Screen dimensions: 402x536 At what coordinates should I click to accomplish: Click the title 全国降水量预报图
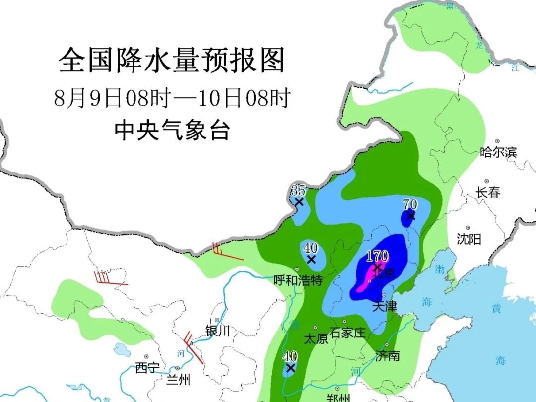click(x=172, y=62)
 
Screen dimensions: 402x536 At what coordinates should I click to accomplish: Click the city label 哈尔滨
click(x=498, y=152)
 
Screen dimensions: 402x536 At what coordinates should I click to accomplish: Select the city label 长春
click(x=488, y=192)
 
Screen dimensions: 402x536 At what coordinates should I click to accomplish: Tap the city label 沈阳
click(x=469, y=239)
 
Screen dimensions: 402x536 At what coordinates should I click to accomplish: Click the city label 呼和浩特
click(x=298, y=280)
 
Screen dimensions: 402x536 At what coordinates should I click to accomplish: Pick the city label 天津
click(x=385, y=306)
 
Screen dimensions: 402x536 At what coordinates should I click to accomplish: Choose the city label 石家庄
click(x=347, y=332)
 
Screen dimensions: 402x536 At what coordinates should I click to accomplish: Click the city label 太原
click(x=316, y=339)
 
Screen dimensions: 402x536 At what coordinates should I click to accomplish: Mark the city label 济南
click(x=388, y=355)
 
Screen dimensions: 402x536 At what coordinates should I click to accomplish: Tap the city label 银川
click(x=218, y=331)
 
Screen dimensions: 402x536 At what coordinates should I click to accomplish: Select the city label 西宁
click(x=147, y=368)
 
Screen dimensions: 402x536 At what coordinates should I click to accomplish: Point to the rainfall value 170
click(x=377, y=256)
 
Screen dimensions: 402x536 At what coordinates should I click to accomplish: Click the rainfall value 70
click(x=410, y=204)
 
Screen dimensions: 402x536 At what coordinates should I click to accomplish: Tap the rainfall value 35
click(x=298, y=190)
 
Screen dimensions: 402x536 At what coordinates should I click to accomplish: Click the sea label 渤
click(x=440, y=269)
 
